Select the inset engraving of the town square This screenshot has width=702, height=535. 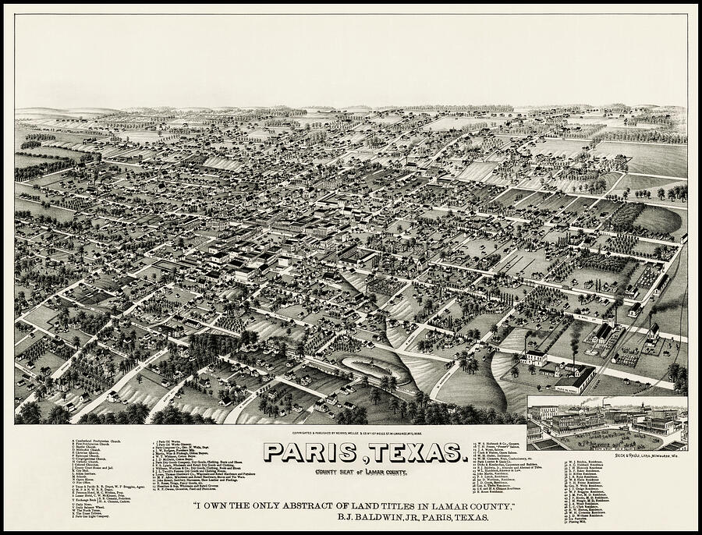point(606,423)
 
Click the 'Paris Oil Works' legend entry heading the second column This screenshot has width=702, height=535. point(168,441)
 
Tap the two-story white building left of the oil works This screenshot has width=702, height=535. point(535,358)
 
